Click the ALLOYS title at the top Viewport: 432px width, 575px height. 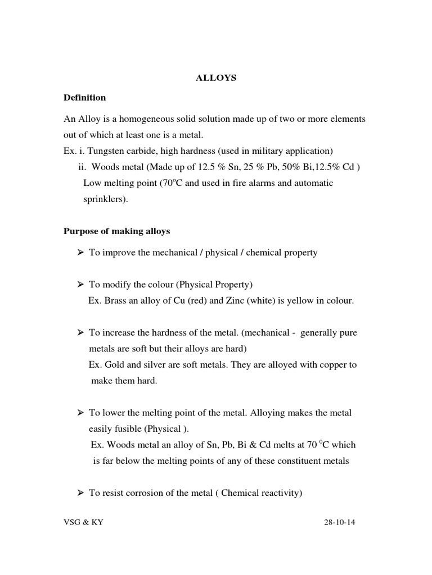pos(216,78)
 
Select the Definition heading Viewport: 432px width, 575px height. pos(84,98)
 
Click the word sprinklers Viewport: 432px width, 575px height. pos(105,199)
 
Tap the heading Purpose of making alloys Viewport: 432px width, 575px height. pos(117,231)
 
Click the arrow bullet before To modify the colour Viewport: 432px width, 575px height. pos(80,285)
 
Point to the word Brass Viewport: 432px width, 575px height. pos(114,300)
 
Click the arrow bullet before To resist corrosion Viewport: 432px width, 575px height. pos(80,493)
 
